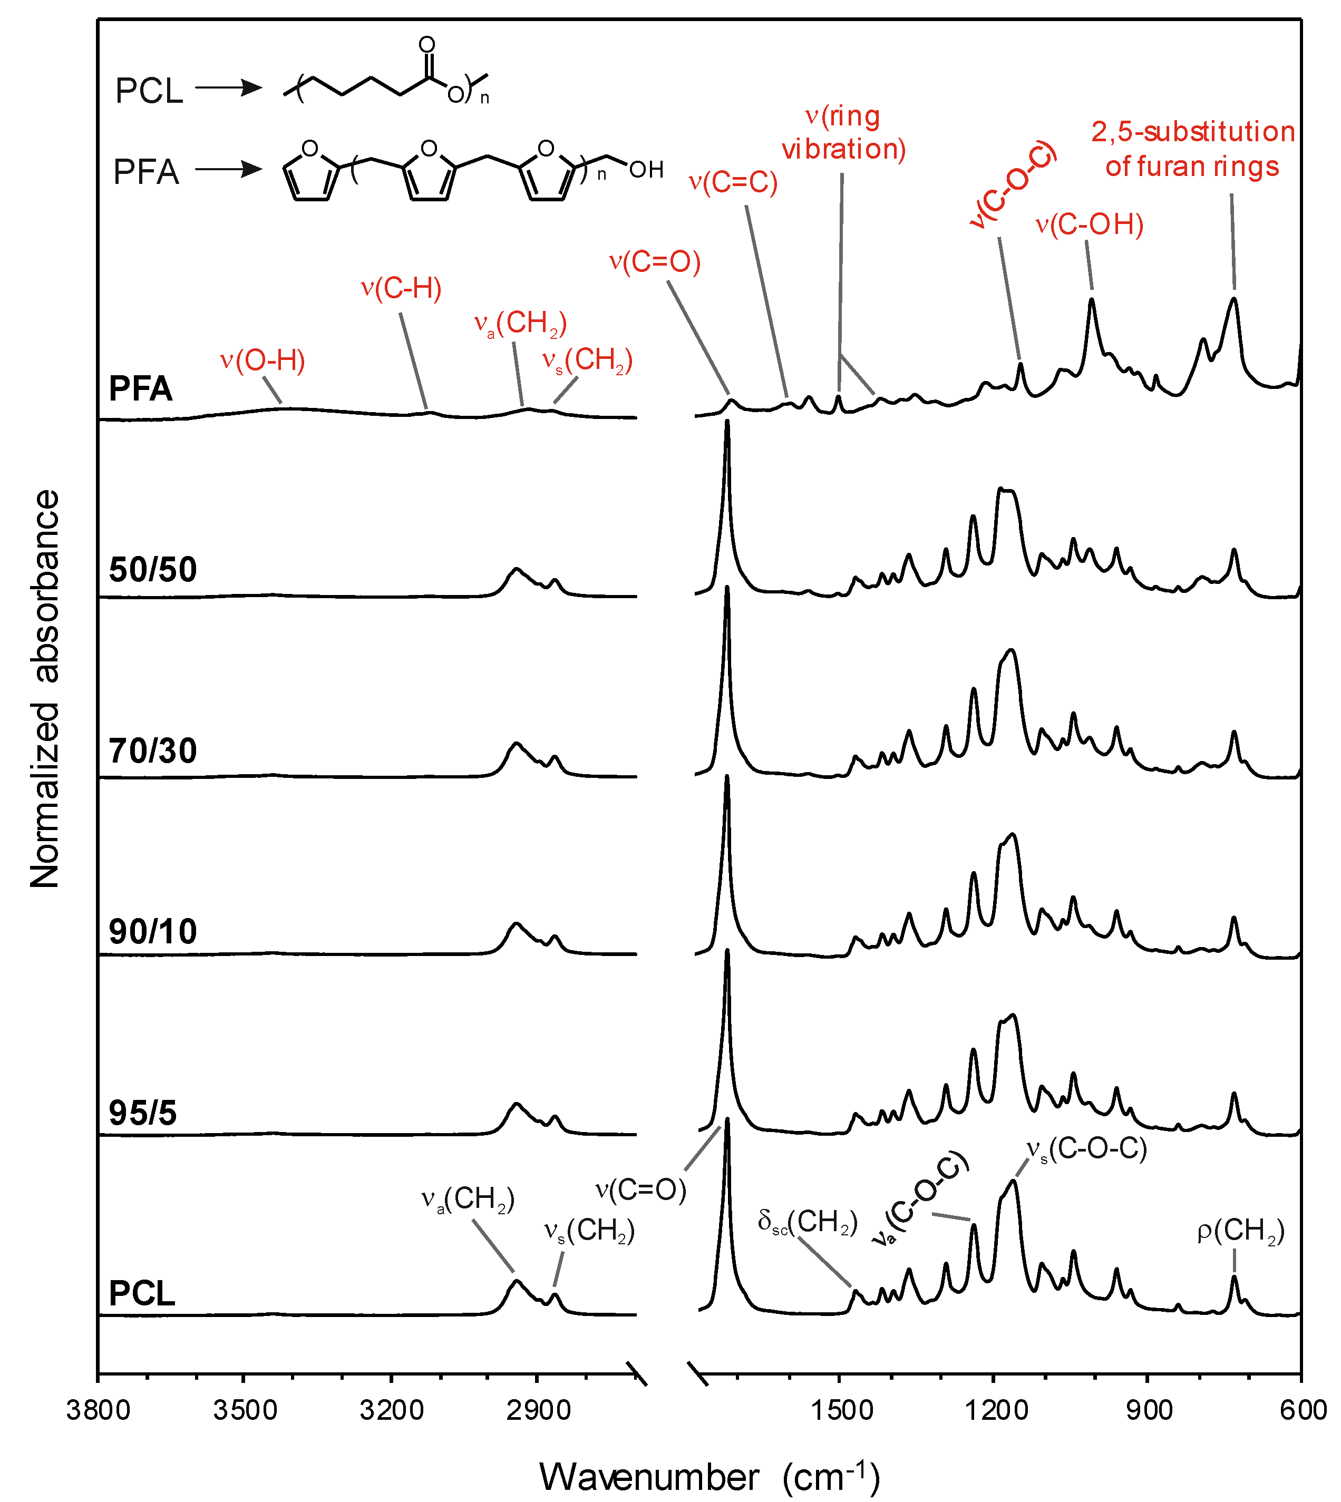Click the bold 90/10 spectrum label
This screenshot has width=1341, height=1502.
tap(152, 932)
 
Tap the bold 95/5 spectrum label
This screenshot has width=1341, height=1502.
tap(142, 1113)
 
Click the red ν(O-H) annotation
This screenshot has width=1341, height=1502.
tap(263, 360)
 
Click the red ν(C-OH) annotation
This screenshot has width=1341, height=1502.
tap(1089, 224)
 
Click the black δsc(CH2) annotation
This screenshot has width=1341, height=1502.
tap(807, 1222)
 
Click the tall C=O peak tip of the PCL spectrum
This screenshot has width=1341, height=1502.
tap(727, 1120)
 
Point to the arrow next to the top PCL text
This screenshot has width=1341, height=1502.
tap(228, 89)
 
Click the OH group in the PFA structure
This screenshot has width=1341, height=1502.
tap(646, 170)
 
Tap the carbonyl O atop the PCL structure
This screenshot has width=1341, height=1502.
tap(426, 45)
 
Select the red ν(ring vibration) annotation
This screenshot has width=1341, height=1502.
tap(843, 133)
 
